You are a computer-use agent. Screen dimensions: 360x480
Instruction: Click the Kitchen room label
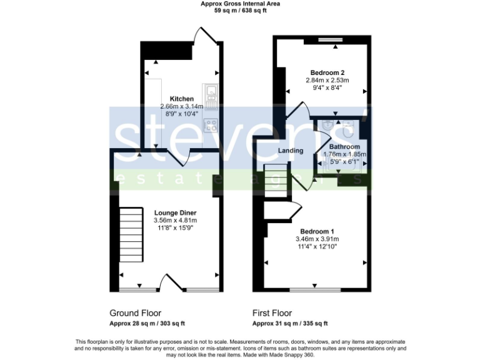coord(181,99)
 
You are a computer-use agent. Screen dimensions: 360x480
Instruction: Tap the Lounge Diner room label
coord(175,212)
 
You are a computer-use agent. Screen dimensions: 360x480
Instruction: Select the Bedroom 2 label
coord(327,72)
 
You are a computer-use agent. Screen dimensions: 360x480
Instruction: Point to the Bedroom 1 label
coord(317,231)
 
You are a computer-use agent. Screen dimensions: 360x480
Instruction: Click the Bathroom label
coord(344,147)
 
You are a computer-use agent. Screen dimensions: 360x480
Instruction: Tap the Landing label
coord(291,151)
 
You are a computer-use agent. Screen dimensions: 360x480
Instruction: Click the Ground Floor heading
coord(135,313)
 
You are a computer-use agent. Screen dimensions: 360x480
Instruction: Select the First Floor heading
coord(272,313)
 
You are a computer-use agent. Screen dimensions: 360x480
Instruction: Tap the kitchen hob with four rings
coord(211,124)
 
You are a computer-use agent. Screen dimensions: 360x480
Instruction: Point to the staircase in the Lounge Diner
coord(131,234)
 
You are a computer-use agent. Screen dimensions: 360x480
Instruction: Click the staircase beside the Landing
coord(275,179)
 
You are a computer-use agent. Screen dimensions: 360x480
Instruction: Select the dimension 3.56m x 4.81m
coord(175,221)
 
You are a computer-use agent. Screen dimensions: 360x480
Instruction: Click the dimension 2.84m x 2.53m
coord(327,80)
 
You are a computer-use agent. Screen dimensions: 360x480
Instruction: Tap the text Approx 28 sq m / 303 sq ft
coord(147,324)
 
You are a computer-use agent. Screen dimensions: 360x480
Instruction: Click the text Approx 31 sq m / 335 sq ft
coord(290,324)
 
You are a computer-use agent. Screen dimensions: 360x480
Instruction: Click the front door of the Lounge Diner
coord(171,282)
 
